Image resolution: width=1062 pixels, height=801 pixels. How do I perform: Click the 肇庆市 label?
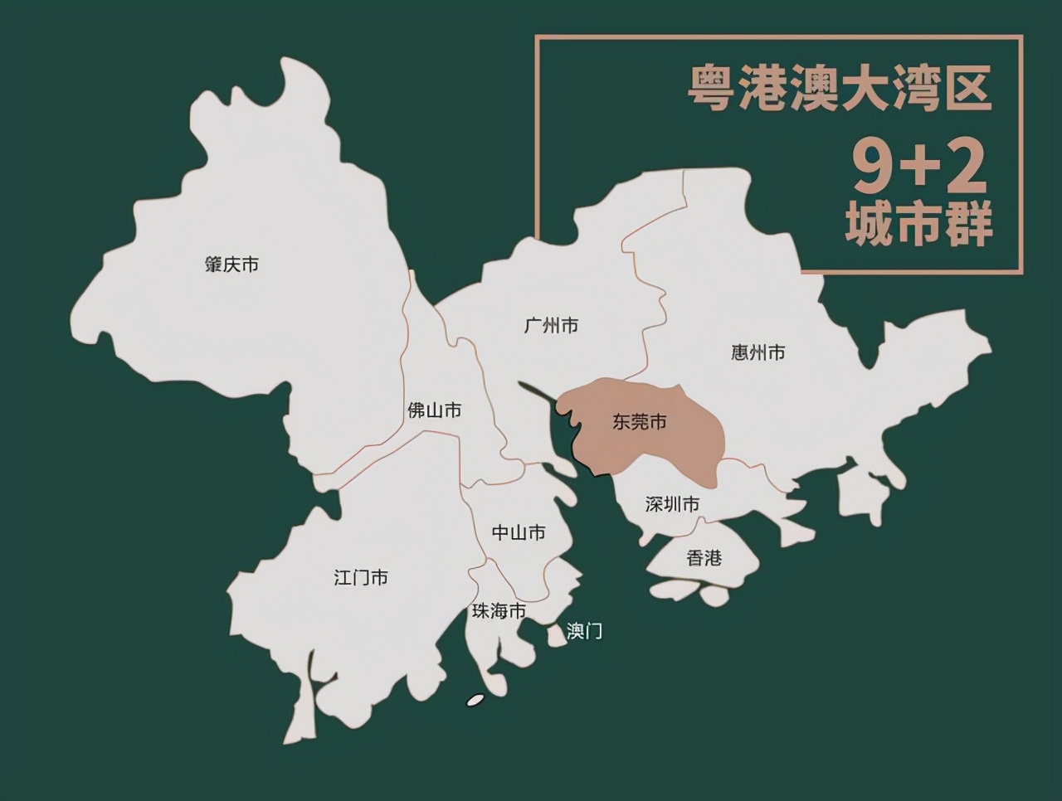click(x=231, y=265)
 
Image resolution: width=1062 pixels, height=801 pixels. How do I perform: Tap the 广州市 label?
click(x=551, y=325)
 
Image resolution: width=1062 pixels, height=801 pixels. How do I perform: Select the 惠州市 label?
click(x=758, y=352)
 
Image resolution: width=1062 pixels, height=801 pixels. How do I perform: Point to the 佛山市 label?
click(x=434, y=410)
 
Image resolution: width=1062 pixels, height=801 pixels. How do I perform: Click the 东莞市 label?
click(x=640, y=422)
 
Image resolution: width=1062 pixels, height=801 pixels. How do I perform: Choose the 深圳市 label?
click(x=672, y=504)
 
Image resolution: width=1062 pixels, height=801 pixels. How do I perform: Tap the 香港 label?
click(x=704, y=558)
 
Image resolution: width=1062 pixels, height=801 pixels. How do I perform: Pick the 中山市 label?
click(x=519, y=532)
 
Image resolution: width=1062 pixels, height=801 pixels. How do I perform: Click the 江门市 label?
click(x=361, y=577)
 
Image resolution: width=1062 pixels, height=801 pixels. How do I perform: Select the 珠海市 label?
click(x=499, y=611)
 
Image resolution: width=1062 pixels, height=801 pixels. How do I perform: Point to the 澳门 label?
click(x=584, y=631)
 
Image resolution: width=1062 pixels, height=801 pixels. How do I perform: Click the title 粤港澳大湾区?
click(x=840, y=90)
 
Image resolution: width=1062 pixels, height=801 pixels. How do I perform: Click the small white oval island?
click(x=475, y=700)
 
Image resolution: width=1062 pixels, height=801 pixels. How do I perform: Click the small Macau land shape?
click(x=555, y=634)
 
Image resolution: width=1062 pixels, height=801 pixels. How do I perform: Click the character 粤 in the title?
click(x=710, y=90)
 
